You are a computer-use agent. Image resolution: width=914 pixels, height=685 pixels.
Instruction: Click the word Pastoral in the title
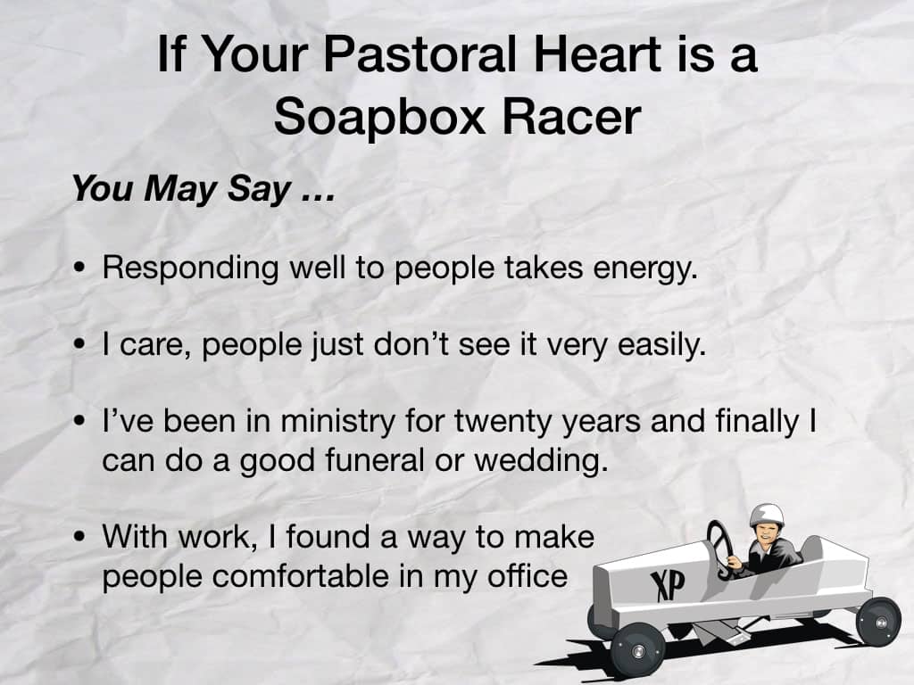coord(420,54)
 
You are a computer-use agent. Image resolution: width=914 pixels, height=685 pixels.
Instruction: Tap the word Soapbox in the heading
coord(379,117)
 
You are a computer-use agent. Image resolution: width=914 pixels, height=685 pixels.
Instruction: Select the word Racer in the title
coord(571,117)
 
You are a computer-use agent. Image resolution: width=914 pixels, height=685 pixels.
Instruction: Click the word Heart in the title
coord(597,54)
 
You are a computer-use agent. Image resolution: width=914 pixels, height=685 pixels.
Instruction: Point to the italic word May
coord(180,190)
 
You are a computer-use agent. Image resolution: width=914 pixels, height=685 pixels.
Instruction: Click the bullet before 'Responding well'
coord(79,268)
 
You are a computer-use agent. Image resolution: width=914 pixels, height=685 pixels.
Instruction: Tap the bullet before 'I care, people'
coord(79,345)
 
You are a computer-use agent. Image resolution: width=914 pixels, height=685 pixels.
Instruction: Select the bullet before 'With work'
coord(79,537)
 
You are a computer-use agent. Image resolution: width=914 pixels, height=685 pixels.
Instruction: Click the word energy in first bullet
coord(645,269)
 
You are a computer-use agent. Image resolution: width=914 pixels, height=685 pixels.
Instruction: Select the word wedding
coord(541,461)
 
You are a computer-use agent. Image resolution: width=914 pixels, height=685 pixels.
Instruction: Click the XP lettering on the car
coord(668,585)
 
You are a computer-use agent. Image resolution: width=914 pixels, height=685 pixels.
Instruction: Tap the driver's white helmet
coord(767,515)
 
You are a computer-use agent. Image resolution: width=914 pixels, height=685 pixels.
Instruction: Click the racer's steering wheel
coord(720,549)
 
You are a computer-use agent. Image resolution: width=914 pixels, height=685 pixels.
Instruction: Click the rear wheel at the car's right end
coord(879,622)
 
